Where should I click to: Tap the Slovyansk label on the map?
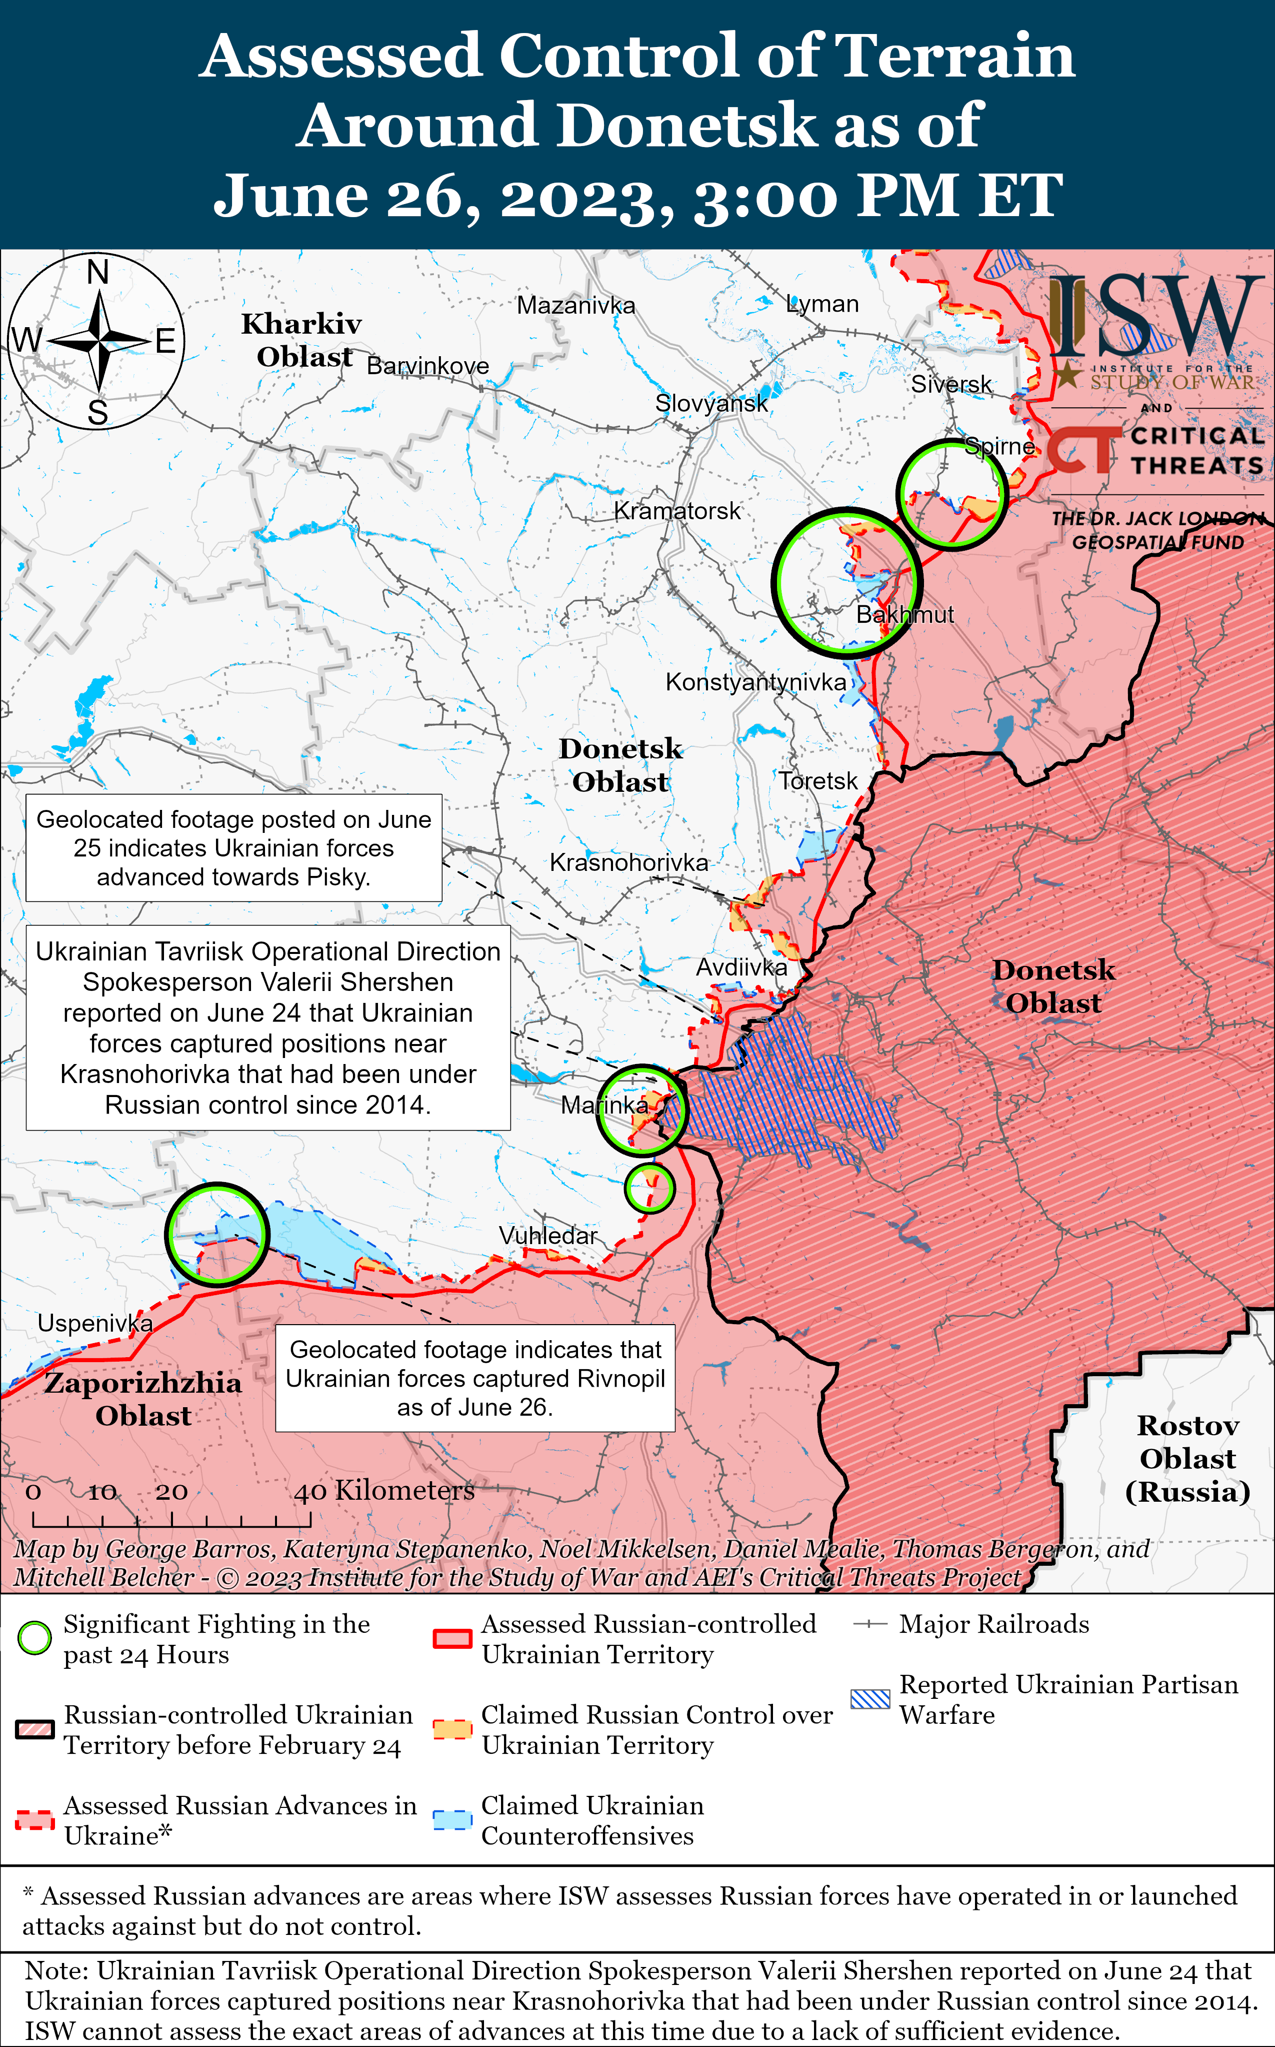[711, 403]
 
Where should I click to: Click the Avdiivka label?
[741, 967]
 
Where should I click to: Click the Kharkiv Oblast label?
[302, 340]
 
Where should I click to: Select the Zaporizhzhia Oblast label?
[143, 1398]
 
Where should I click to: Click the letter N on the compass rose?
[98, 273]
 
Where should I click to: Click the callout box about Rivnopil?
[475, 1378]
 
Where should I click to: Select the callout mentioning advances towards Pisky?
[233, 847]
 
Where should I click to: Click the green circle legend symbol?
[34, 1638]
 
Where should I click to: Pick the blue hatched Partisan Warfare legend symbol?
[870, 1699]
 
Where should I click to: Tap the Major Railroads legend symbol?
[870, 1624]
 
